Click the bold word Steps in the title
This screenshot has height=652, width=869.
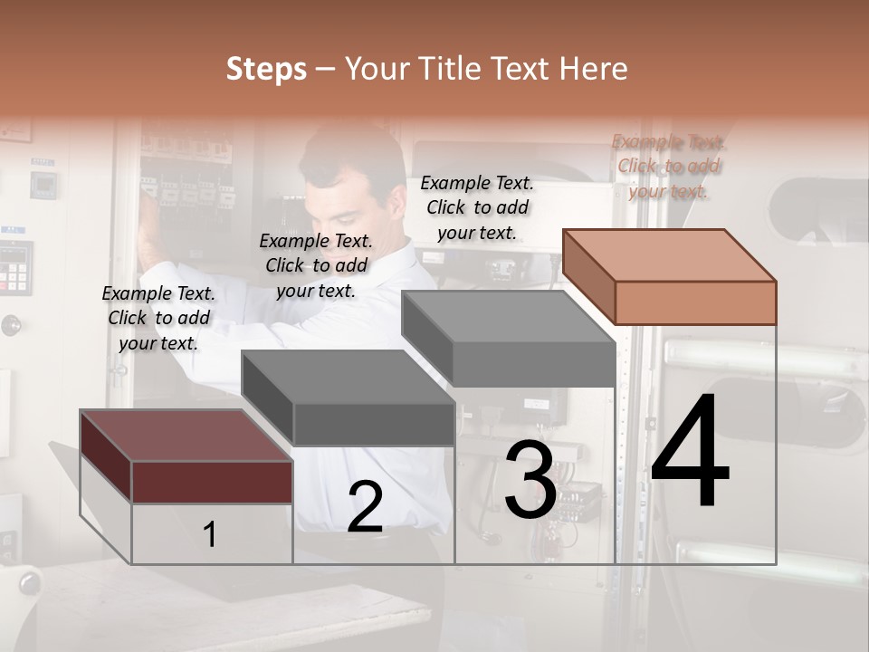coord(266,69)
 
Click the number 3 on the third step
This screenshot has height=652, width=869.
coord(530,480)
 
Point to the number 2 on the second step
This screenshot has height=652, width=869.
coord(365,508)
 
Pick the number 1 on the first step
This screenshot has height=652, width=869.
coord(210,535)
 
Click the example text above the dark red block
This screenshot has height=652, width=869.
coord(158,318)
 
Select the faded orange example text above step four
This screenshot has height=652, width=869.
coord(668,167)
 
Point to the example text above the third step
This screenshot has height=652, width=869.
coord(477,207)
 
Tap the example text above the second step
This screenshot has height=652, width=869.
coord(316,265)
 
